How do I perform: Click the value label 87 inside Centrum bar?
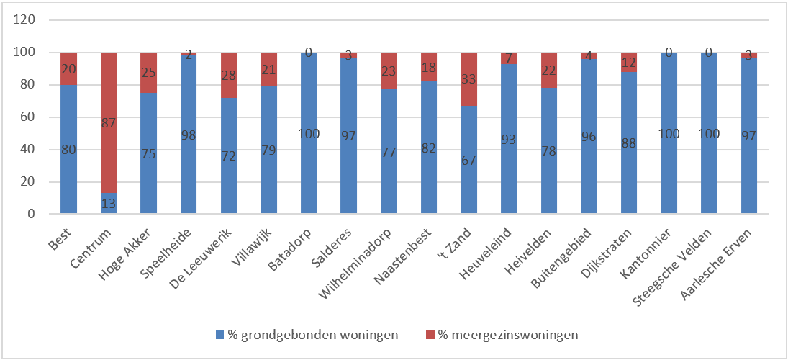pos(109,123)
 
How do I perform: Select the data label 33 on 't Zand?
pos(468,79)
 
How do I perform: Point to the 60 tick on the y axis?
pos(28,117)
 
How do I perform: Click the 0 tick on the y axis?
pos(32,214)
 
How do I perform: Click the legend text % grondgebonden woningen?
pos(313,335)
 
